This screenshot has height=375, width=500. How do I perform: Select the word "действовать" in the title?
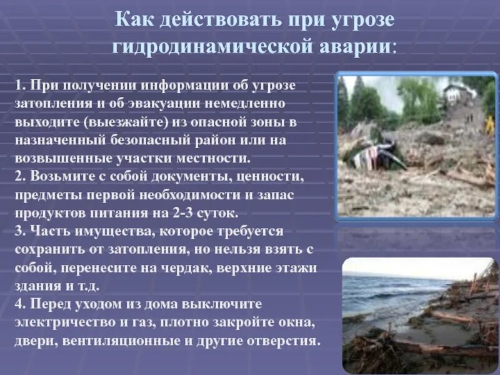tap(221, 19)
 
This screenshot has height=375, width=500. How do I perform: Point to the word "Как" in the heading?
tap(135, 19)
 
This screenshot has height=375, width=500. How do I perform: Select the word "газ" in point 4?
tap(143, 324)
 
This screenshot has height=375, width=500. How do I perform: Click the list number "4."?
tap(21, 305)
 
